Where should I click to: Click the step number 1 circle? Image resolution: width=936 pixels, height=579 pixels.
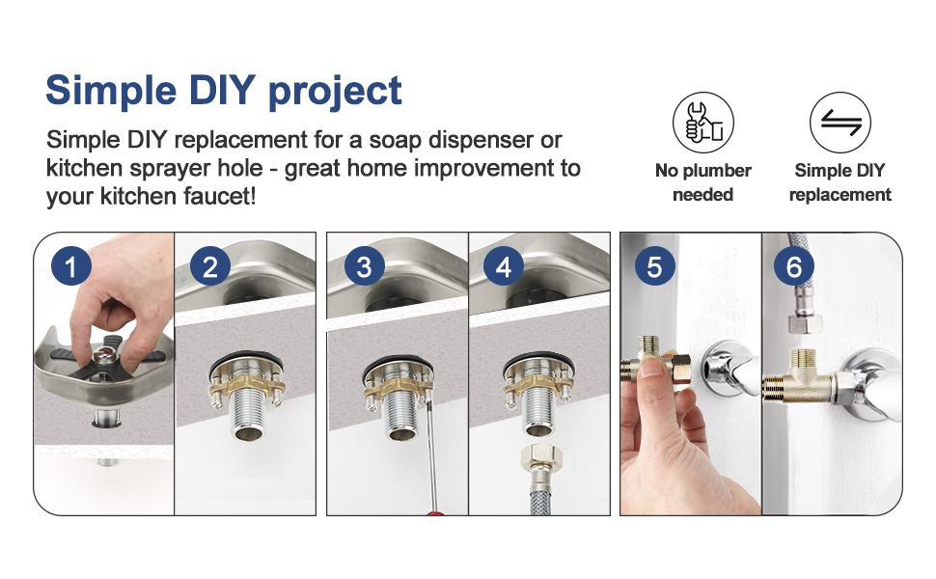tap(71, 265)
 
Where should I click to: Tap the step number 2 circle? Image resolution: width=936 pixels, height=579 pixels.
tap(210, 265)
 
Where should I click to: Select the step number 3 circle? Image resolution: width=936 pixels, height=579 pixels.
tap(364, 265)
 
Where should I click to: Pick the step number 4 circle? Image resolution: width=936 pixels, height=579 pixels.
tap(503, 265)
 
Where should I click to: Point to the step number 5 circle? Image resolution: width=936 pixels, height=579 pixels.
tap(654, 265)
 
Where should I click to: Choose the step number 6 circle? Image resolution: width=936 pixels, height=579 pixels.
tap(794, 265)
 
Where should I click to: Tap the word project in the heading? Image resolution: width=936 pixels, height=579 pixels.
tap(335, 92)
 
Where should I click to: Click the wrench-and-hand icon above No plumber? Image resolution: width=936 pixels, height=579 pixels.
tap(703, 123)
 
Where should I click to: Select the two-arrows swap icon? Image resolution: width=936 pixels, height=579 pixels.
tap(840, 123)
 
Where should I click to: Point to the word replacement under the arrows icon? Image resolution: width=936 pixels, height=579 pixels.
tap(840, 195)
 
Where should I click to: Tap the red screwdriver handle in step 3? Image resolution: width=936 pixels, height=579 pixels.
tap(436, 512)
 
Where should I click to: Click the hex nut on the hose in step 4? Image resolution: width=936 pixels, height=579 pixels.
tap(539, 455)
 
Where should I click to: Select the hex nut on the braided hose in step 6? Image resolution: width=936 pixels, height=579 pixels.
tap(806, 322)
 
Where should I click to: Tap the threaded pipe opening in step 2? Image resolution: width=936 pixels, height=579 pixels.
tap(246, 432)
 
